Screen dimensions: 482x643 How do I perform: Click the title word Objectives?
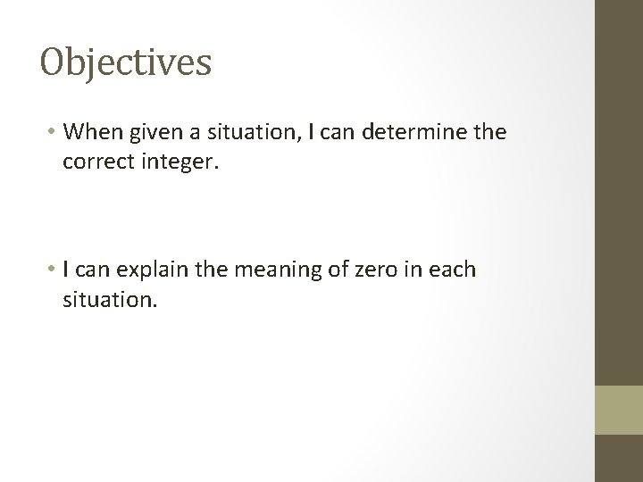[126, 62]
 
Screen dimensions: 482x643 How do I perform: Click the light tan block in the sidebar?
[619, 411]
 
